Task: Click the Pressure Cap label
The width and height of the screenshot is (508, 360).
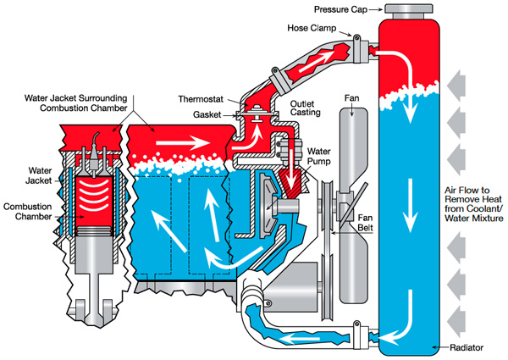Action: pos(340,9)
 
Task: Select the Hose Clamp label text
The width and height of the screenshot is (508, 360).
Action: pos(312,28)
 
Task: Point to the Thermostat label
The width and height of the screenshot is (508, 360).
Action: pos(201,99)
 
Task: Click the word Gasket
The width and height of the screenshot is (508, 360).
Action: pos(207,114)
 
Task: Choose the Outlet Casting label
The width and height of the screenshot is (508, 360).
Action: pos(305,108)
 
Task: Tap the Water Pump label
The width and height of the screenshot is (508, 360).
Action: pos(319,156)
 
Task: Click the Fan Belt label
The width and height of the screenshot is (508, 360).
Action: pos(365,223)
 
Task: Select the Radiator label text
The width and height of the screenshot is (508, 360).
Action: pos(467,347)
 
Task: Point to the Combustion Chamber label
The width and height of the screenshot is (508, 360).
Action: pos(28,212)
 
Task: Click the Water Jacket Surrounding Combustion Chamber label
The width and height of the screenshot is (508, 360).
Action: pos(76,103)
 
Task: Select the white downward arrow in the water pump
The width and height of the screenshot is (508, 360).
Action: pos(294,169)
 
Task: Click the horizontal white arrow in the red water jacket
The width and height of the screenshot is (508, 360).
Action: pos(183,142)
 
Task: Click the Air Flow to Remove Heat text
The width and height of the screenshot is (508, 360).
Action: pos(473,204)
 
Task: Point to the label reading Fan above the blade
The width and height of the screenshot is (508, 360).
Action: pos(352,98)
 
